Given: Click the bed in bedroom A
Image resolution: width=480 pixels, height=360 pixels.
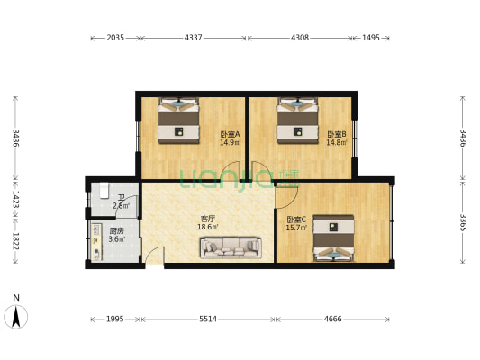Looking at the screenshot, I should coord(178,120).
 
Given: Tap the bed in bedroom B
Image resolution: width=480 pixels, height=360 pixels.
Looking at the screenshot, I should coord(297,120).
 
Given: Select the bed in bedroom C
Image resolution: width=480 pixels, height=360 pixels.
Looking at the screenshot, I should coord(333,238).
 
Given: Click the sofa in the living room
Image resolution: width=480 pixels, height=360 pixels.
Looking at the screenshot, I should coord(231,247).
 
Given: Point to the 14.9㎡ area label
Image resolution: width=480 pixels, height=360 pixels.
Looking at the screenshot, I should coord(230,142).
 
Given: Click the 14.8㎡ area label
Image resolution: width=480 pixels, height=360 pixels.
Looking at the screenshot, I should coord(337,142).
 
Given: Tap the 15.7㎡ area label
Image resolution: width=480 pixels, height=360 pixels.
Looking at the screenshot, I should coord(296,228).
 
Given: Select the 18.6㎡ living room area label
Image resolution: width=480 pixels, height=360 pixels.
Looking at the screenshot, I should coord(207,228).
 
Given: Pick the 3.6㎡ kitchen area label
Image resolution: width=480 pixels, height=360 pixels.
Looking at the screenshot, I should coord(116,239).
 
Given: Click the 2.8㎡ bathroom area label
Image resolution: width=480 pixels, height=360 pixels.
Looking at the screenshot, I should coord(121,206).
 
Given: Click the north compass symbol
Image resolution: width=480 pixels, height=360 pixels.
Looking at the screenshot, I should coord(15,314).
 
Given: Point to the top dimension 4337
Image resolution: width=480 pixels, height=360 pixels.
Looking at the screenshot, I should coord(193,38).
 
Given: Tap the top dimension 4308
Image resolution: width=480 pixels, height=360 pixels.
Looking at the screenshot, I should coord(299,38).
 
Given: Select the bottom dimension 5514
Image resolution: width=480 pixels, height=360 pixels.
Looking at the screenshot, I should coord(207,319).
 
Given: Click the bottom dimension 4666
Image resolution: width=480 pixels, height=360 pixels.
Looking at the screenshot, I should coord(332,319).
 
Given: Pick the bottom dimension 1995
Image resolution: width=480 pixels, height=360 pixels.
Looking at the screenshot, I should coord(115,319).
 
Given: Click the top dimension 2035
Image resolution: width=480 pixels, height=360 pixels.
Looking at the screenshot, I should coord(115,38).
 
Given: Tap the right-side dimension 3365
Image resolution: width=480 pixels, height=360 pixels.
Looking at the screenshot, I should coord(462,221).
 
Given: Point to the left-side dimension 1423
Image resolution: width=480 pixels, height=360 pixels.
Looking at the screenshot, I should coord(15,199).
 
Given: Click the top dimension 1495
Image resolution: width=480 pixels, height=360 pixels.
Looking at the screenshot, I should coord(370,38).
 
